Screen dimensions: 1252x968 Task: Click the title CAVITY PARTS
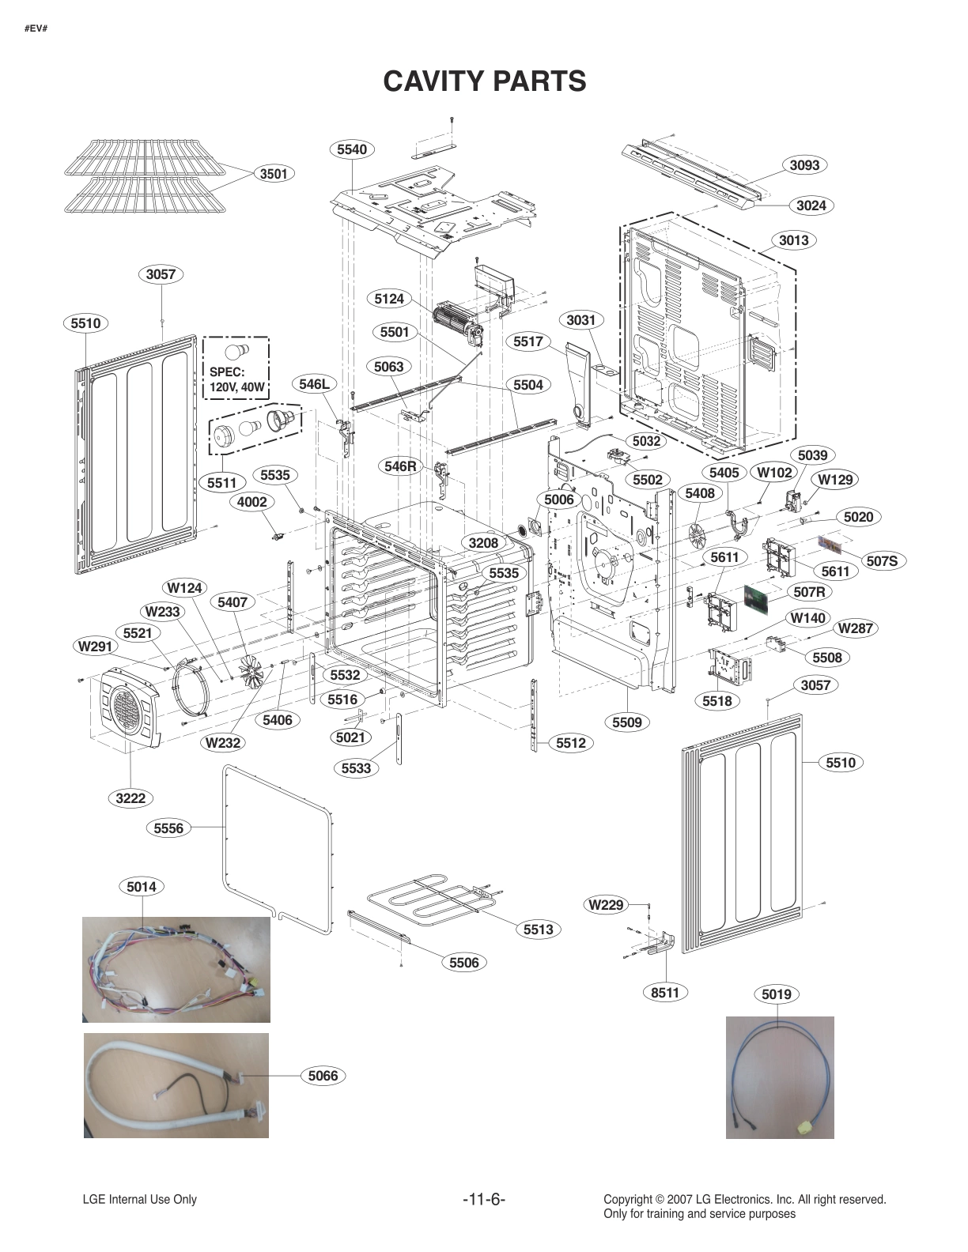point(484,81)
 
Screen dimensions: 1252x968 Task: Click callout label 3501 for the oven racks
point(273,174)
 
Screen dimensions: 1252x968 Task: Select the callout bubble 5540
point(351,149)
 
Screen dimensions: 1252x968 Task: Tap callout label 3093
point(804,165)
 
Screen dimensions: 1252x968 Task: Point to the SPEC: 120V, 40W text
point(236,380)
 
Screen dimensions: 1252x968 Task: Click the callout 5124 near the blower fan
point(389,298)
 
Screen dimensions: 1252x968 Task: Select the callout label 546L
point(314,384)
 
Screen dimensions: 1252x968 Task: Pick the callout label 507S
point(882,561)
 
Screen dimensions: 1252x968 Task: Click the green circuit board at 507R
point(757,600)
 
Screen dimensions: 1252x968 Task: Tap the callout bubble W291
point(93,647)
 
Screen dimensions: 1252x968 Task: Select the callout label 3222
point(130,798)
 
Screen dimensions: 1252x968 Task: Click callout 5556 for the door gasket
point(168,828)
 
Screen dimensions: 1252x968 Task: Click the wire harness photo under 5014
point(176,969)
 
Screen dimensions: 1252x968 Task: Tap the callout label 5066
point(323,1075)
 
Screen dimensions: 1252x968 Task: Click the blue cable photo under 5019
point(780,1077)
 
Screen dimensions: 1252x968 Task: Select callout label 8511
point(665,992)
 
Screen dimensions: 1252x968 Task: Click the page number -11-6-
point(484,1200)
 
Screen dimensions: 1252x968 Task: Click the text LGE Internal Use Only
point(139,1200)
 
